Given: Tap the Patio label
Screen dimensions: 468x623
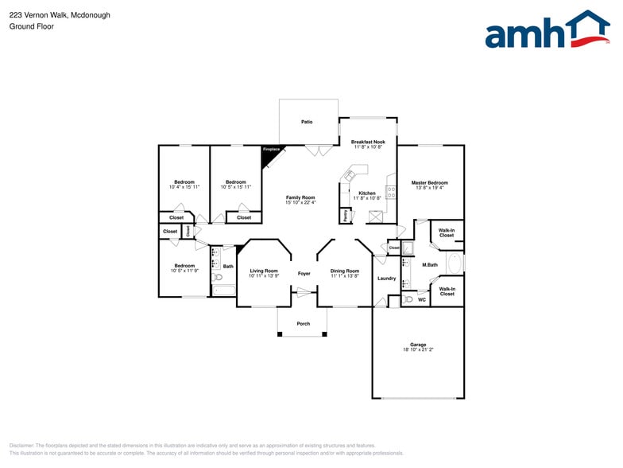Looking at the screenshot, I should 306,122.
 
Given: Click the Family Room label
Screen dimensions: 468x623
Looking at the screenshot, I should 300,197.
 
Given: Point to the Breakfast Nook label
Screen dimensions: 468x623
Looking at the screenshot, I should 367,142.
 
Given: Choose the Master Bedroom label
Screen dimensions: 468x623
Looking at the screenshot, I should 429,182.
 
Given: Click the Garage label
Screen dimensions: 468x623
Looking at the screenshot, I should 418,344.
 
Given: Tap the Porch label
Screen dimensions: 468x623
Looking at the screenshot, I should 303,323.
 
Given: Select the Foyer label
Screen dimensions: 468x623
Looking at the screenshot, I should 304,273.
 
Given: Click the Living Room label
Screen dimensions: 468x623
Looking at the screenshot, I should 264,271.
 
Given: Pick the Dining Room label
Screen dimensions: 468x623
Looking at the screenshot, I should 345,271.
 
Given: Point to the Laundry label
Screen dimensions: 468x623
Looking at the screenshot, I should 386,278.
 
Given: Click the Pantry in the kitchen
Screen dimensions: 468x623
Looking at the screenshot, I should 346,215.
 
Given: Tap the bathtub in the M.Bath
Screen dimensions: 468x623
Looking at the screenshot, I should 455,263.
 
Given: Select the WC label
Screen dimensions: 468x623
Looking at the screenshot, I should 421,299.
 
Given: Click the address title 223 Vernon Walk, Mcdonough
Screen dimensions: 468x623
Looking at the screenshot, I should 60,15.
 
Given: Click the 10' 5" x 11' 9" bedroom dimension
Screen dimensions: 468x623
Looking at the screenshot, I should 184,271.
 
